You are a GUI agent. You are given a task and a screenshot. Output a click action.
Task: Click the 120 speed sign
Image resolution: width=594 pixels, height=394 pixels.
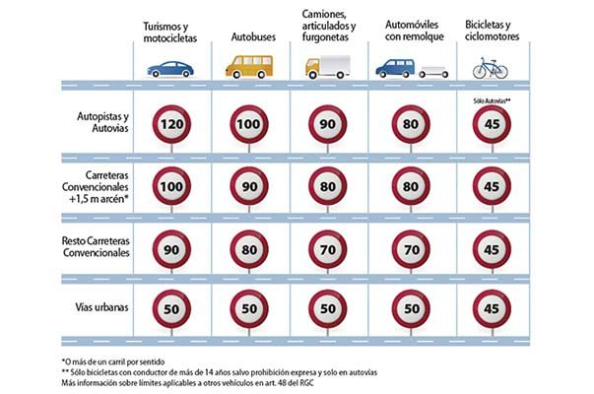pyautogui.click(x=171, y=125)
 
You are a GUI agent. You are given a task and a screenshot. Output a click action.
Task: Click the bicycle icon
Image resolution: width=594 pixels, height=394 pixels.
pyautogui.click(x=490, y=67)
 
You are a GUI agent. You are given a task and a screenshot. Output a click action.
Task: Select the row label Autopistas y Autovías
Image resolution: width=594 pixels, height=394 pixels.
pyautogui.click(x=102, y=122)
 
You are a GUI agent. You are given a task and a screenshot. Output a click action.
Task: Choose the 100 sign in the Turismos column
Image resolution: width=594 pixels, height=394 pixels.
pyautogui.click(x=171, y=186)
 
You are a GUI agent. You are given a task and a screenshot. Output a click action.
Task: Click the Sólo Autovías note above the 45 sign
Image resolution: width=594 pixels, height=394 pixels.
pyautogui.click(x=489, y=99)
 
